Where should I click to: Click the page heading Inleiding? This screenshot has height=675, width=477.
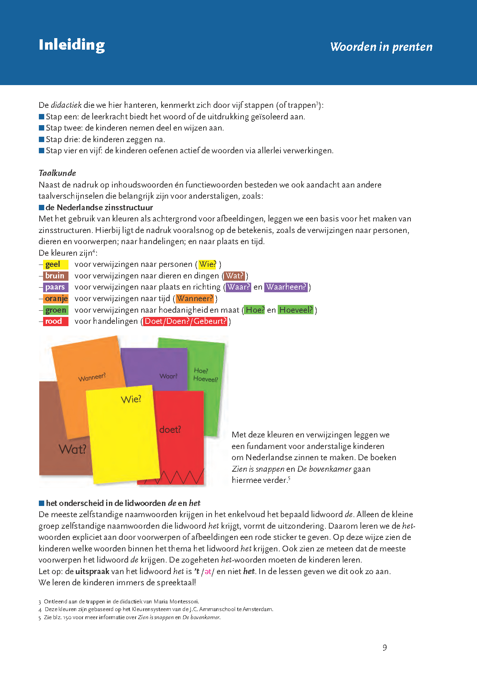(x=72, y=45)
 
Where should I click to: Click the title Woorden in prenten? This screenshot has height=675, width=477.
(x=381, y=47)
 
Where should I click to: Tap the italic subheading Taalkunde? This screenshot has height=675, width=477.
(x=57, y=173)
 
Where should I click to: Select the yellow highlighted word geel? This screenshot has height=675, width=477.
(x=53, y=265)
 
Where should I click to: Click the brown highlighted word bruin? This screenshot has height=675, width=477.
(x=55, y=276)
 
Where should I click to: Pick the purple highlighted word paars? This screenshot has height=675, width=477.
(x=55, y=287)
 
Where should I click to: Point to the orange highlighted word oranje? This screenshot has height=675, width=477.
(x=56, y=298)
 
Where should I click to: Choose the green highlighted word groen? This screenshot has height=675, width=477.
(x=56, y=310)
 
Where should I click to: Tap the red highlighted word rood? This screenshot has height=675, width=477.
(x=53, y=321)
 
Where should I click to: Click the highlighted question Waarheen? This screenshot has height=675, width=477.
(x=286, y=287)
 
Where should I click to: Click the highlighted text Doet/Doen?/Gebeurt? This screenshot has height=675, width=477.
(x=185, y=321)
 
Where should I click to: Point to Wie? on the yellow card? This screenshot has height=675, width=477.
(x=131, y=399)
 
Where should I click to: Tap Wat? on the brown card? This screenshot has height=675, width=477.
(x=72, y=449)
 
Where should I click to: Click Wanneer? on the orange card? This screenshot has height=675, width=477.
(x=92, y=377)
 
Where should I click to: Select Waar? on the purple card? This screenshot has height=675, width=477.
(x=168, y=376)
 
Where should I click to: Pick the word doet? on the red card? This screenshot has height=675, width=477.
(x=170, y=429)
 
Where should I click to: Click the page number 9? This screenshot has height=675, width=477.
(x=385, y=648)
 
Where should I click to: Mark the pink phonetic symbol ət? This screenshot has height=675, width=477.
(x=208, y=572)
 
